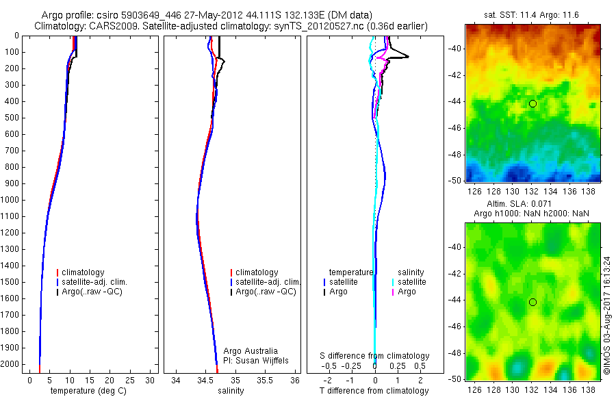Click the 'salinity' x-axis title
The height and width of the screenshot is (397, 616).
coord(229,391)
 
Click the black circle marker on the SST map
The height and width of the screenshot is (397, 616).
coord(532,103)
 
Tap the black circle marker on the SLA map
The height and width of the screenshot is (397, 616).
coord(532,302)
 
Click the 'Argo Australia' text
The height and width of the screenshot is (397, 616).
coord(251,351)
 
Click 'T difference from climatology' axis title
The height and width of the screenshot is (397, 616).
coord(374,391)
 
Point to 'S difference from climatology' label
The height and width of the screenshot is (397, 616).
coord(375,356)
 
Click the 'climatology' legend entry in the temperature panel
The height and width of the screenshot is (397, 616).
coord(85,272)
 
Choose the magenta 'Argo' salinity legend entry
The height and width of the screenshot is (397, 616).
coord(406,292)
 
